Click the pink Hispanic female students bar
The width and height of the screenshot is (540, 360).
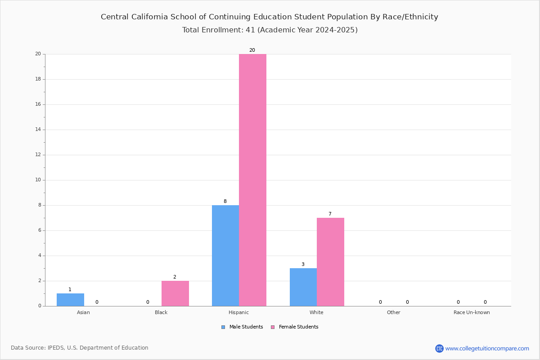252,180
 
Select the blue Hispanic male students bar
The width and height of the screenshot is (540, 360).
225,256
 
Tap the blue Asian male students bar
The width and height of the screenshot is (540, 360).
70,300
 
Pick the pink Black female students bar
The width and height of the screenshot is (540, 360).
175,293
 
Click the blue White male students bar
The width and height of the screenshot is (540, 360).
303,287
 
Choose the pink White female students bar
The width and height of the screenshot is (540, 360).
330,262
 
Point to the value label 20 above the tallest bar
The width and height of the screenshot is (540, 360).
252,50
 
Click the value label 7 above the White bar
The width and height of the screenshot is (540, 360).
330,214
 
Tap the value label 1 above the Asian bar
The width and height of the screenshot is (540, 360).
70,289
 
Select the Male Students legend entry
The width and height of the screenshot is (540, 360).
242,327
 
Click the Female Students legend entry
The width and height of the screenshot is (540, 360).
295,327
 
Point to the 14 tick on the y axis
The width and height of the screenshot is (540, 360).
38,130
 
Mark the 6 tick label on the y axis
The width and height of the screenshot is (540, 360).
40,230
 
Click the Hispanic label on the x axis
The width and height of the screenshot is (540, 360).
238,312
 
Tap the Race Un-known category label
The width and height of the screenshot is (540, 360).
472,312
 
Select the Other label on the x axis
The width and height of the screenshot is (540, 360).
394,312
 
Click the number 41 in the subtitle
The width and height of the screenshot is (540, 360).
250,30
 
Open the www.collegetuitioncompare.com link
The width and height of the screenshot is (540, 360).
487,348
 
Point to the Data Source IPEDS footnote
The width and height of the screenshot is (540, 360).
80,348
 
